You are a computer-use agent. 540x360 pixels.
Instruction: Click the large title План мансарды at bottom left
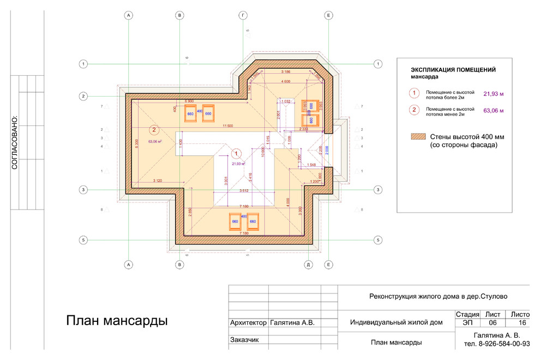click(116, 321)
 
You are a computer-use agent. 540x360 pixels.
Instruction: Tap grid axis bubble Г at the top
click(243, 16)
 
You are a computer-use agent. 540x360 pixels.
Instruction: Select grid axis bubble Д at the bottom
click(308, 265)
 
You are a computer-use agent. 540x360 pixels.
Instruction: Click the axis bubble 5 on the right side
click(377, 240)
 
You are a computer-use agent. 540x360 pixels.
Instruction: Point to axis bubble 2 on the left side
click(83, 96)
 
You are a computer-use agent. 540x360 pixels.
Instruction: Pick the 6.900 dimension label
click(190, 101)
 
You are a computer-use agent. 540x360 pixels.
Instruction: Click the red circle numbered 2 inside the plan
click(154, 130)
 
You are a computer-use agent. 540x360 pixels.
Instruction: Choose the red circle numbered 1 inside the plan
click(237, 153)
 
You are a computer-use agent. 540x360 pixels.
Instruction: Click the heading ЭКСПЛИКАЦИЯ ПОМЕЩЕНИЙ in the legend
click(453, 70)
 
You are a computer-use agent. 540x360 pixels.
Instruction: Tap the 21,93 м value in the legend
click(493, 94)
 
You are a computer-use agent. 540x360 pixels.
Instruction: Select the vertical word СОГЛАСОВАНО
click(15, 142)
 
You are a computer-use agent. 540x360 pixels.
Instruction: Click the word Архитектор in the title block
click(248, 323)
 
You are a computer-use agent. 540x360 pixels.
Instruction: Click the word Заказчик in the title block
click(244, 340)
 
